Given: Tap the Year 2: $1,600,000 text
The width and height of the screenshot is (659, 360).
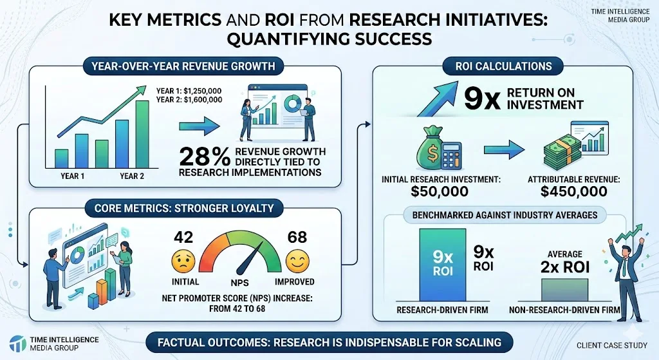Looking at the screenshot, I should (x=189, y=100).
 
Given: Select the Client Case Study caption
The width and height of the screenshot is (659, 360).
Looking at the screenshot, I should (x=606, y=345).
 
